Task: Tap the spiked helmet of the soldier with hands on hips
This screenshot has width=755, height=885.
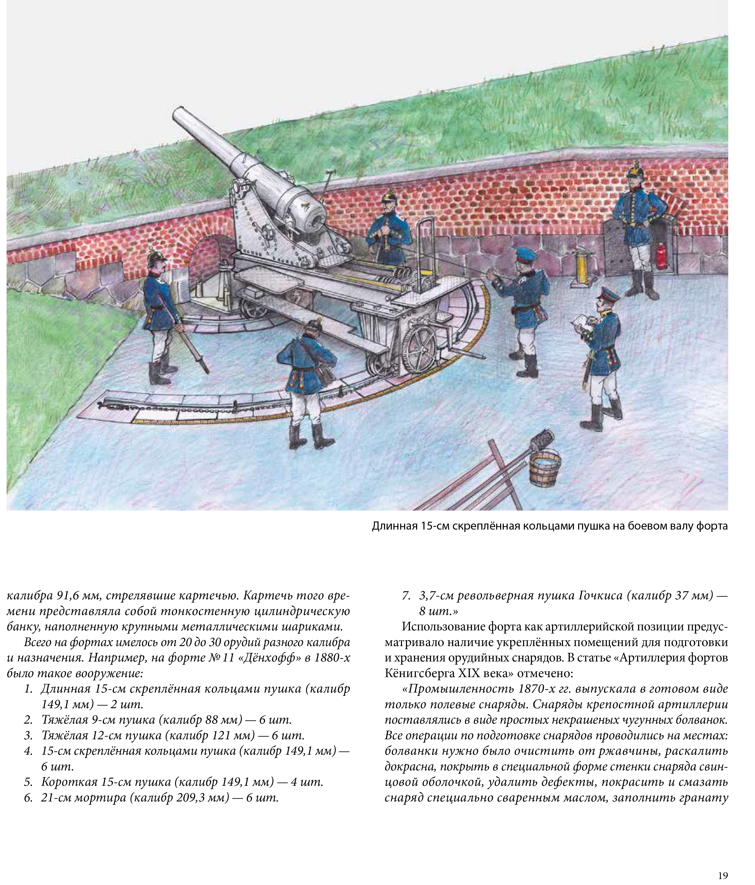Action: pos(635,169)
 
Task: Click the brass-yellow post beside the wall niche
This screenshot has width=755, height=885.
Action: pos(581,267)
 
